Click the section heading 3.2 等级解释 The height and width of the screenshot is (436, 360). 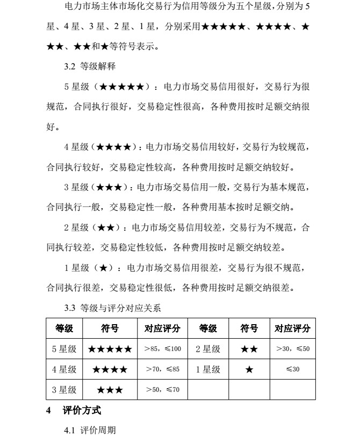[x=90, y=67]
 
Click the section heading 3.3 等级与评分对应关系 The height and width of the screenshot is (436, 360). [x=113, y=309]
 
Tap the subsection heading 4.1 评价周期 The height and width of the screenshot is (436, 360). [x=90, y=430]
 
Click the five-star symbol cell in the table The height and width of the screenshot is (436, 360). [x=110, y=349]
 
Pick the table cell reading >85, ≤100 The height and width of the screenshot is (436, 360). [x=163, y=349]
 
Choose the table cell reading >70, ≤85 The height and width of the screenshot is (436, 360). [x=163, y=370]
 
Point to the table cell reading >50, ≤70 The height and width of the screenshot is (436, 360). [x=163, y=390]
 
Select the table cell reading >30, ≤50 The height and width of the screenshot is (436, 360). [x=292, y=349]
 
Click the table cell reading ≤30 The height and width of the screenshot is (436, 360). [x=292, y=370]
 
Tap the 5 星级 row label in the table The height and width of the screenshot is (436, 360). [x=64, y=349]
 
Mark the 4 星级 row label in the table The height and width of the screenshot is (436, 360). [x=64, y=370]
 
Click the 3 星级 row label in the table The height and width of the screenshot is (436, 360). [x=64, y=390]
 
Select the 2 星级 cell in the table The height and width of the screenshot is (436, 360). [x=208, y=349]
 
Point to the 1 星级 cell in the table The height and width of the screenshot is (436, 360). [x=208, y=370]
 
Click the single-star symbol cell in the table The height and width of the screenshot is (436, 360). [x=249, y=370]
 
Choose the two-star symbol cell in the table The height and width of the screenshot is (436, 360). [x=249, y=349]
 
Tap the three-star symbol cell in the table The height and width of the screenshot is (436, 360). [x=110, y=390]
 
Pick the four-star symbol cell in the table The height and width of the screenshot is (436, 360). [x=110, y=370]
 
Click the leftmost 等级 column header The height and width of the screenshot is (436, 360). [x=64, y=328]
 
